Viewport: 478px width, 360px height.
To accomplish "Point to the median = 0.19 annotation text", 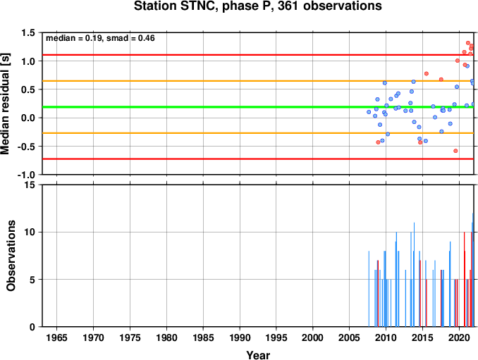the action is pyautogui.click(x=73, y=38).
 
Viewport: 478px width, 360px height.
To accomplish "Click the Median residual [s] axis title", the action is pyautogui.click(x=5, y=104).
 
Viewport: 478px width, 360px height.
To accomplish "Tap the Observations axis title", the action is pyautogui.click(x=11, y=256).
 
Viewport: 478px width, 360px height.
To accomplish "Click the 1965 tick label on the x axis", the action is pyautogui.click(x=56, y=337).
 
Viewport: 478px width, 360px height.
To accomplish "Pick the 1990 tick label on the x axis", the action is pyautogui.click(x=240, y=337).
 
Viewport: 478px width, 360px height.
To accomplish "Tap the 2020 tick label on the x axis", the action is pyautogui.click(x=459, y=337).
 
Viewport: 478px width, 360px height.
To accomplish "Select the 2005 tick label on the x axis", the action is pyautogui.click(x=350, y=337).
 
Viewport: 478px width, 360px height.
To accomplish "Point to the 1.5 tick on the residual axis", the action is pyautogui.click(x=28, y=32).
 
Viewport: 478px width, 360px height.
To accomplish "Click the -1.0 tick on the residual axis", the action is pyautogui.click(x=26, y=175).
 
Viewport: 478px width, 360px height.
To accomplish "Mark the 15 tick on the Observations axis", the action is pyautogui.click(x=30, y=185).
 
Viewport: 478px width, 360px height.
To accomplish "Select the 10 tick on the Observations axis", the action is pyautogui.click(x=30, y=232).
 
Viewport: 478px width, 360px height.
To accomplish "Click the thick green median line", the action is pyautogui.click(x=258, y=107).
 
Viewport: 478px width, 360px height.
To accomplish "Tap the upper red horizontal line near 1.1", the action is pyautogui.click(x=258, y=55).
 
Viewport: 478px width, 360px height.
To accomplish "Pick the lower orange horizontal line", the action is pyautogui.click(x=258, y=133).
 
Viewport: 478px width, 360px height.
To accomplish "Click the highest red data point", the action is pyautogui.click(x=468, y=43).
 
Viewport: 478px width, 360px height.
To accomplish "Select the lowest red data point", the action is pyautogui.click(x=455, y=151).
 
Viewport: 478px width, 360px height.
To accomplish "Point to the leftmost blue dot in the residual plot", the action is pyautogui.click(x=369, y=112).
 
